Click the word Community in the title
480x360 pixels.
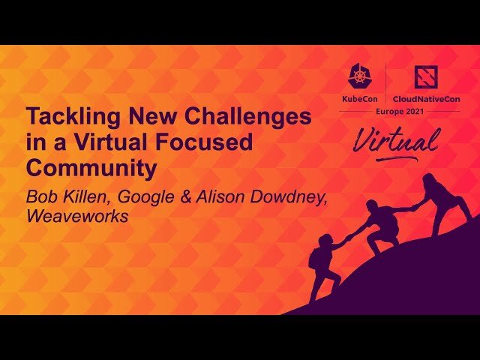coord(91,168)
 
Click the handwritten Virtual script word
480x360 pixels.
coord(395,141)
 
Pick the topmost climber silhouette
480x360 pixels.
coord(441,199)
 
